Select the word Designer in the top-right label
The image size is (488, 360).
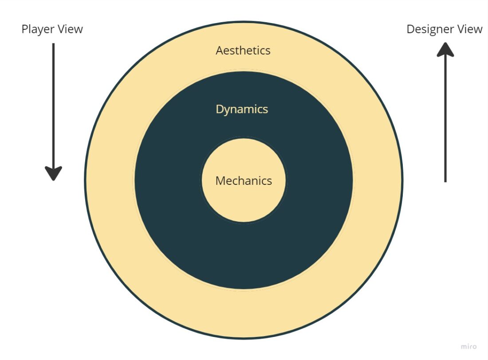tap(430, 29)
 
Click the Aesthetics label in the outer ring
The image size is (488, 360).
tap(243, 51)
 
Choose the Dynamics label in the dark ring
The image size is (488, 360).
tap(242, 109)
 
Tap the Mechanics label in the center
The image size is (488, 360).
tap(244, 181)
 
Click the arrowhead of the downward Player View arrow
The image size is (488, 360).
tap(53, 173)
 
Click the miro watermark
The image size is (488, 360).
tap(469, 346)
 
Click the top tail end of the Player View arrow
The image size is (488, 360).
tap(53, 45)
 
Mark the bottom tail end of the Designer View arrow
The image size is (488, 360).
tap(445, 180)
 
